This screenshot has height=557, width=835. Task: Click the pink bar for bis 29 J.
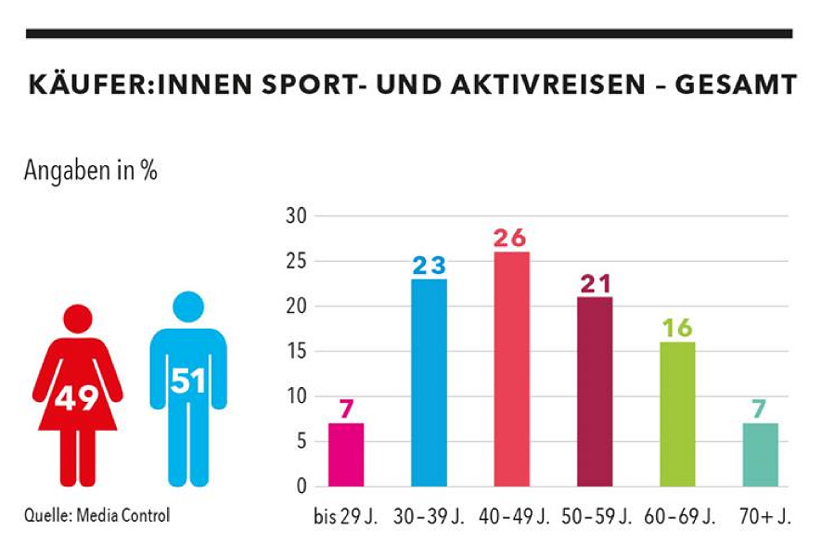tap(346, 454)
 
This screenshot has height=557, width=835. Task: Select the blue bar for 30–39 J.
tap(429, 382)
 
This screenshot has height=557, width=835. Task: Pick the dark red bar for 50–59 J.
tap(594, 391)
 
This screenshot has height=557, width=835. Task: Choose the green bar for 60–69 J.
tap(677, 413)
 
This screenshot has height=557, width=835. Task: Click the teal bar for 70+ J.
tap(760, 454)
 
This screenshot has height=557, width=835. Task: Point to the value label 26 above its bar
tap(511, 239)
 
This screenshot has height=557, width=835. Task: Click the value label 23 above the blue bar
tap(429, 266)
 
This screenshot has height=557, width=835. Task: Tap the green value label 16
tap(677, 329)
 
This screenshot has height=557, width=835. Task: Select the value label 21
tap(594, 284)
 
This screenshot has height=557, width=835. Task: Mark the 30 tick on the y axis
tap(297, 216)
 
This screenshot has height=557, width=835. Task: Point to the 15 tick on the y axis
tap(297, 351)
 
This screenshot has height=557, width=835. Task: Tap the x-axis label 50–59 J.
tap(595, 516)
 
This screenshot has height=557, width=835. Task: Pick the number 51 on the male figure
tap(188, 381)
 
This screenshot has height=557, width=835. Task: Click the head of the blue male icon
tap(188, 307)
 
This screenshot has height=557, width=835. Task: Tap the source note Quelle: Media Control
tap(97, 514)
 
